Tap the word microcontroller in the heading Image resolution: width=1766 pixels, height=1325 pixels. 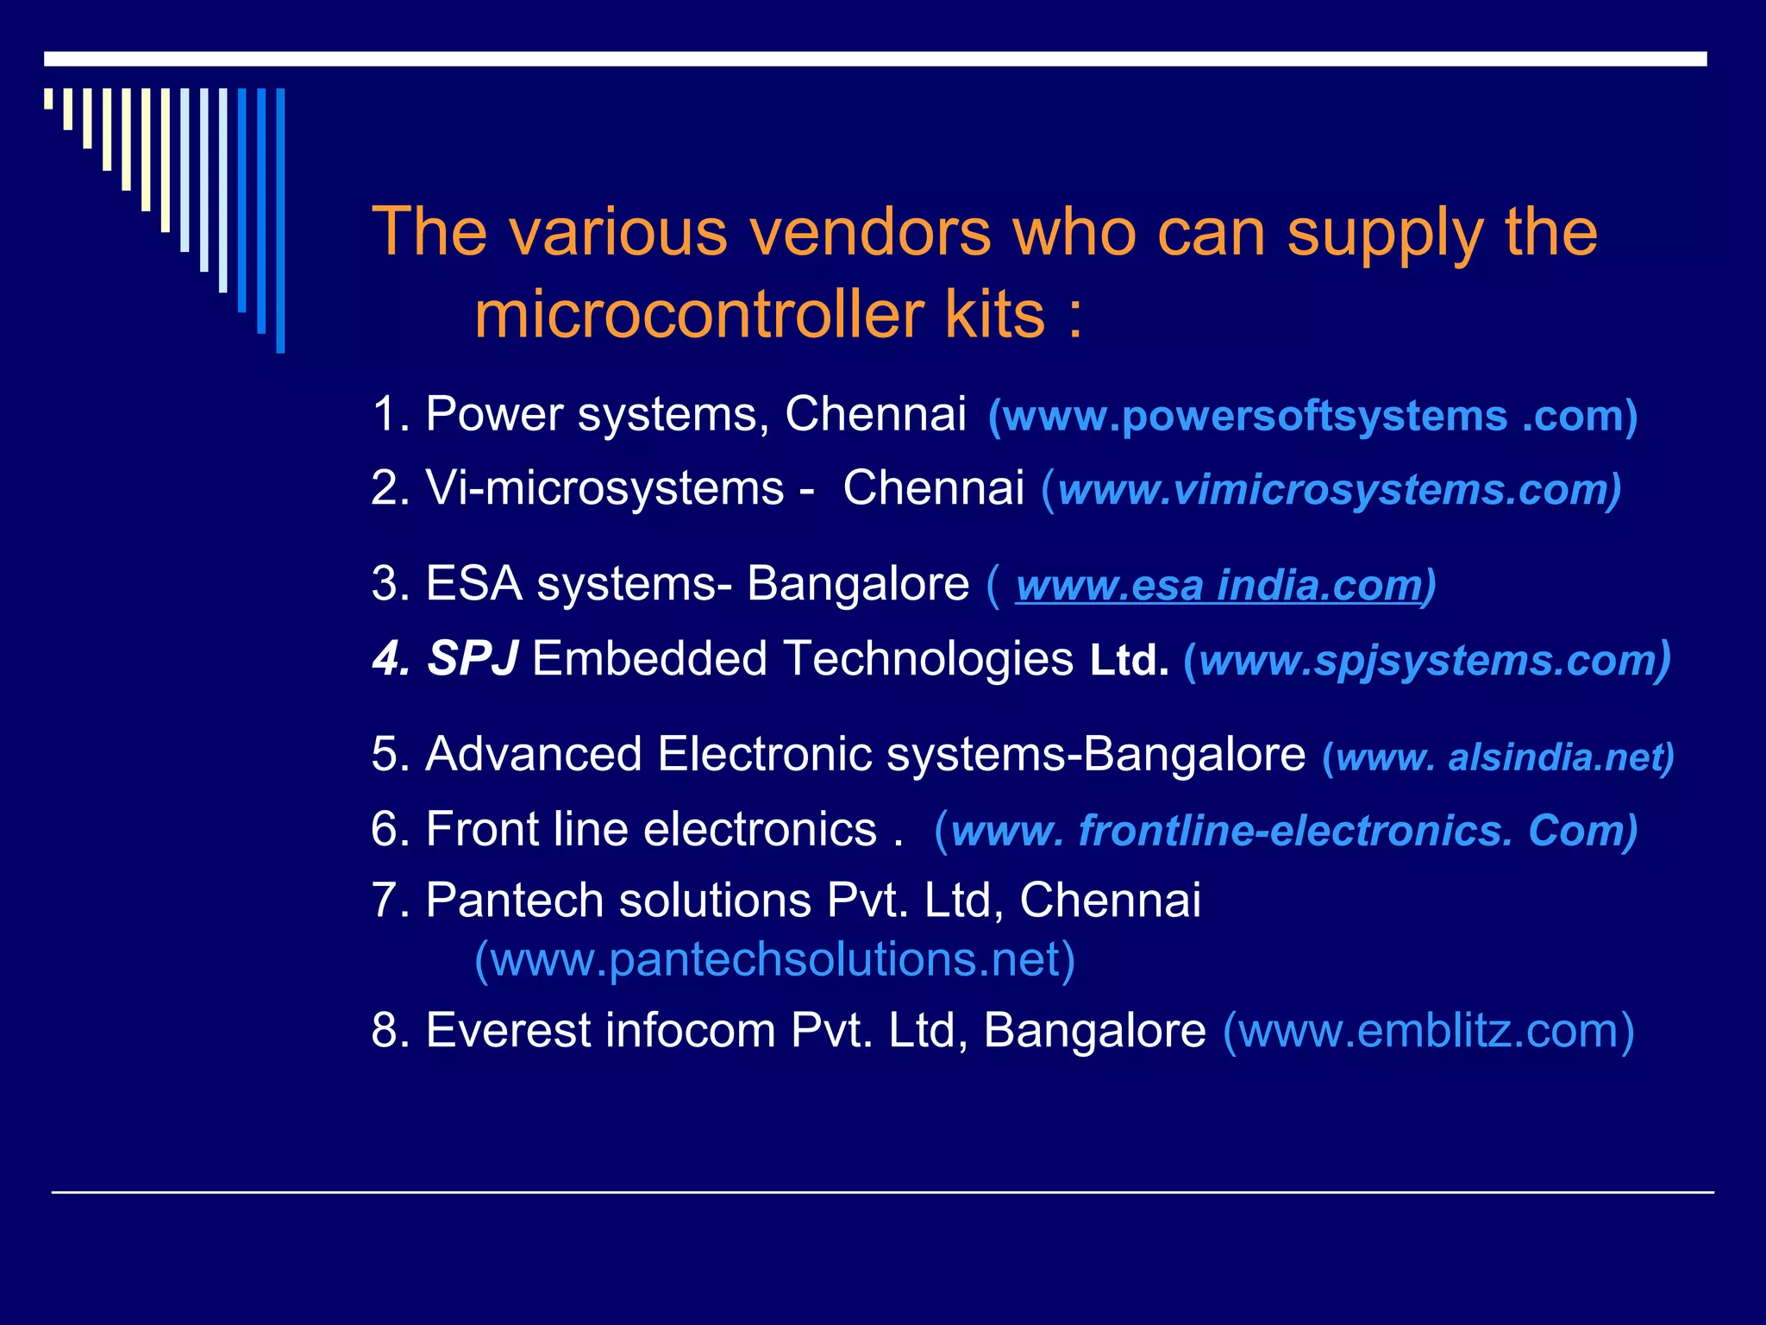click(698, 315)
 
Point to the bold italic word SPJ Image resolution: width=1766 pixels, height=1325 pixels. click(473, 659)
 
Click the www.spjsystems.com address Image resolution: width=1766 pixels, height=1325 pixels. click(1428, 661)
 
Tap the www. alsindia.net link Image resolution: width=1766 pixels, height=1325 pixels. click(1498, 757)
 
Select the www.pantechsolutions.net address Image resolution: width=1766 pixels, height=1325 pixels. click(774, 959)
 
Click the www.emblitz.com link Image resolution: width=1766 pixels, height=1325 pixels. click(1428, 1031)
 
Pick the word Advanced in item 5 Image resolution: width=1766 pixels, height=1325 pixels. click(534, 755)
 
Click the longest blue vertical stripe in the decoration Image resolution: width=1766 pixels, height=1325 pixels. click(280, 220)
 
